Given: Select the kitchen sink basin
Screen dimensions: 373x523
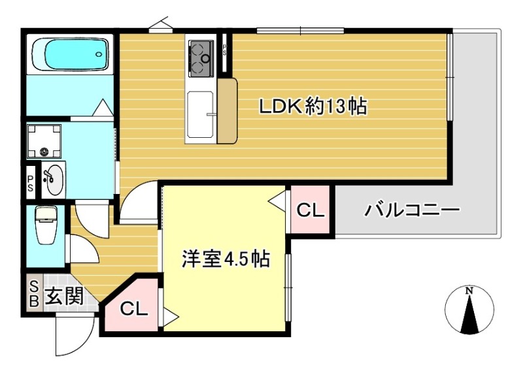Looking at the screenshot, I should pos(200,114).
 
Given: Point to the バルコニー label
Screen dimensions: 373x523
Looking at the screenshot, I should pos(413,210).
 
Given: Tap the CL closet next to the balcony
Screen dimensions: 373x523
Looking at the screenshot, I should pos(310,210).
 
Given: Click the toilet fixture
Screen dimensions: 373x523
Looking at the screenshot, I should pos(46,225).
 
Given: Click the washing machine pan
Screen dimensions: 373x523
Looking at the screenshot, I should pos(44,140).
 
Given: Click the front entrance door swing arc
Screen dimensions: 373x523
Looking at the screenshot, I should pos(71,333).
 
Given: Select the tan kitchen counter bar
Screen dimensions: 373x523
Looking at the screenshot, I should pos(227,111).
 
